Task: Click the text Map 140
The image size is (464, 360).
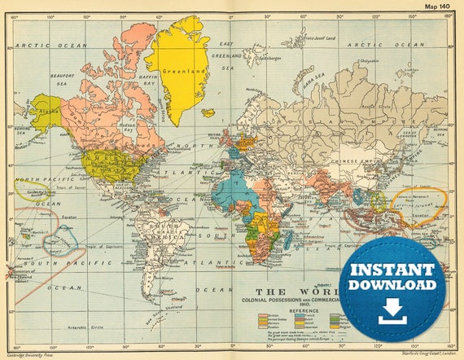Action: (437, 7)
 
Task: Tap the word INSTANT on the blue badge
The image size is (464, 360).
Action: (392, 268)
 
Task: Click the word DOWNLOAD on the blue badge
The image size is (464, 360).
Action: (392, 285)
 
